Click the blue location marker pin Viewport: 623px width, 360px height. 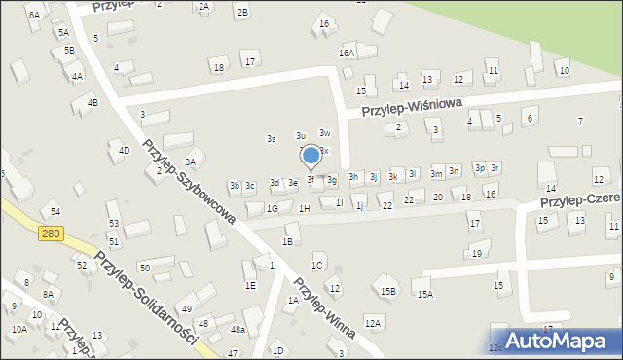pos(311,155)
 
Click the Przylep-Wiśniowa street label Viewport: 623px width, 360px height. pos(411,106)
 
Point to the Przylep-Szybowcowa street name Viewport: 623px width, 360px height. pos(189,182)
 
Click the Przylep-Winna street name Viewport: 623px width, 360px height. pos(326,308)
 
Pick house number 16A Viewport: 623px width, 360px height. pos(347,53)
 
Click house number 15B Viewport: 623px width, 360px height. pos(388,291)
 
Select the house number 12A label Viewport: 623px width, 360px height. pos(372,322)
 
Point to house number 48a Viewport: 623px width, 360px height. pos(238,330)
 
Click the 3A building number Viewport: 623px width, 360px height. pos(191,162)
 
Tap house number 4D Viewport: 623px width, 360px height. pos(124,150)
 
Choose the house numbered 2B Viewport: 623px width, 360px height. pos(242,12)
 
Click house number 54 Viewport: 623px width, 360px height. pos(55,211)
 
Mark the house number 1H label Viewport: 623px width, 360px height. pos(305,208)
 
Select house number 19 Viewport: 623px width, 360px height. pos(476,254)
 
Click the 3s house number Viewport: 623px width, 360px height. pos(272,138)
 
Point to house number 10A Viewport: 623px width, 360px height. pos(18,329)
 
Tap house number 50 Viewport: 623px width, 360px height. pos(143,268)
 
